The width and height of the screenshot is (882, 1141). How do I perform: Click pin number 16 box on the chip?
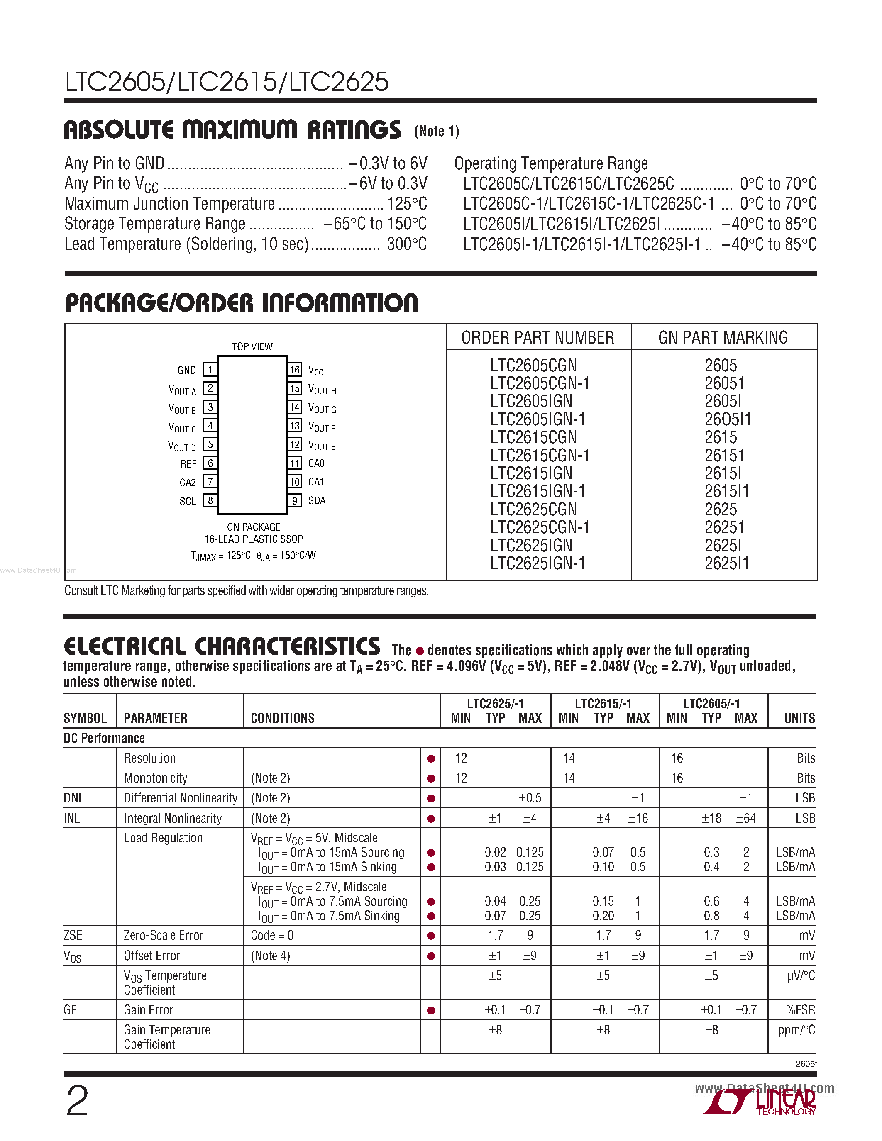(295, 370)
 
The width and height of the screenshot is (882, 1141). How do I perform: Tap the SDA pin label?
(317, 500)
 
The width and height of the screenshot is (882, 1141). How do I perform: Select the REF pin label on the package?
(188, 464)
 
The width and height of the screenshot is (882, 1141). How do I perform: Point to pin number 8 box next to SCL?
(210, 500)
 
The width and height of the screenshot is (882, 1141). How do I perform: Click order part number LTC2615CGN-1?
(540, 456)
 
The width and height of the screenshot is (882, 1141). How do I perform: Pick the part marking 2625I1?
(726, 563)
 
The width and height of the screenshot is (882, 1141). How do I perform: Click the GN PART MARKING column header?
(723, 337)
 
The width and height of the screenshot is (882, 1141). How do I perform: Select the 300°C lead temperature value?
(406, 244)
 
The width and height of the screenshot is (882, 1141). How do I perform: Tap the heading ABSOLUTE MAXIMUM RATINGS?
(232, 130)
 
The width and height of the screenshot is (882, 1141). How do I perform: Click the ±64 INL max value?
(745, 819)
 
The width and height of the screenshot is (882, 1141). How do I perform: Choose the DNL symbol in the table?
(74, 798)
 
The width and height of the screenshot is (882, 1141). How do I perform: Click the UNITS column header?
(799, 718)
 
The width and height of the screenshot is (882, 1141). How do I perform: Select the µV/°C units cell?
(801, 976)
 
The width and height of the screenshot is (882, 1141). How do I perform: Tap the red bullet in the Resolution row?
(431, 758)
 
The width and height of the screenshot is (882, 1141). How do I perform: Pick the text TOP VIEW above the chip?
(252, 346)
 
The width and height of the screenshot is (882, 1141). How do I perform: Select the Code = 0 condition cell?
(272, 936)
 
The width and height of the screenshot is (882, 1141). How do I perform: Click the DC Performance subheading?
(104, 738)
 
